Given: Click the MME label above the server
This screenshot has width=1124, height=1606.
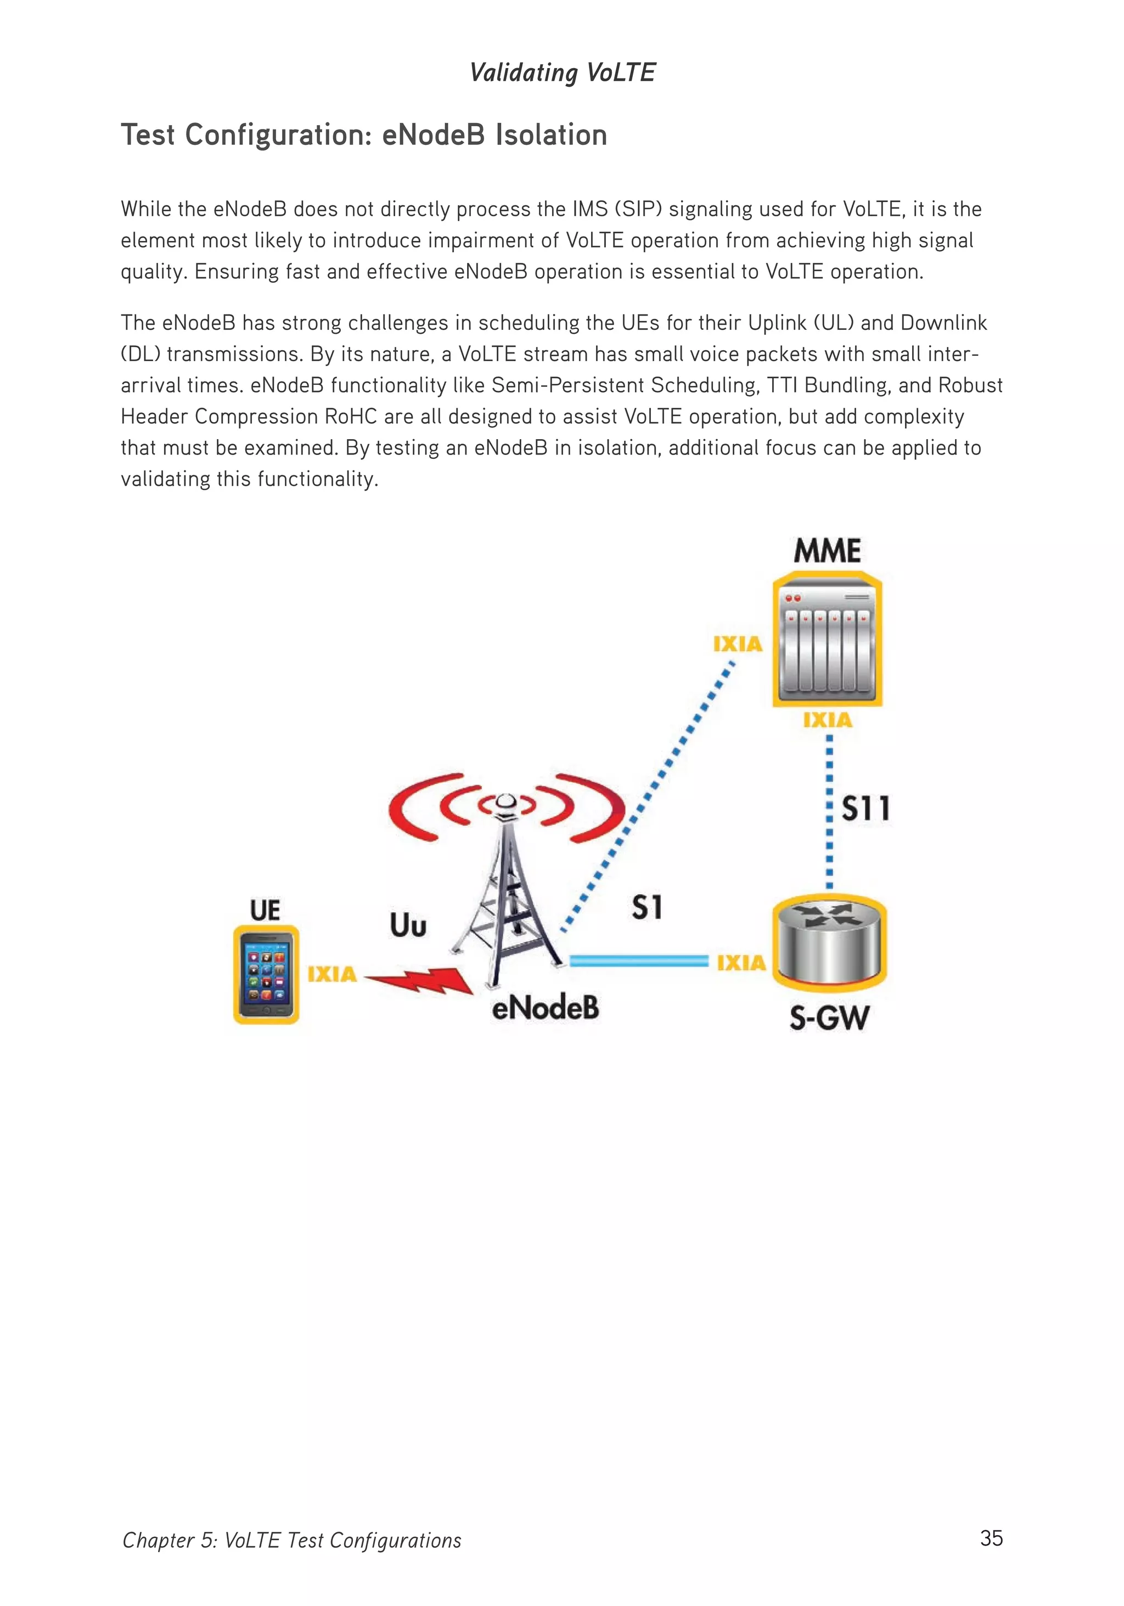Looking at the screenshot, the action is coord(827,551).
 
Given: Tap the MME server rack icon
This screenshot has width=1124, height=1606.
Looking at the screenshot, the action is coord(827,640).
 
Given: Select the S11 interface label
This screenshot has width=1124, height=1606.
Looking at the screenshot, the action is coord(865,808).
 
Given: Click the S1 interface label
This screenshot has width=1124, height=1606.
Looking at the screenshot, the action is coord(647,907).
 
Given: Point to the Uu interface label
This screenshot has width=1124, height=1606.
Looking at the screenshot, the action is coord(408,925).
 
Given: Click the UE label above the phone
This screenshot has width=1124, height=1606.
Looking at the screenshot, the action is coord(265,910).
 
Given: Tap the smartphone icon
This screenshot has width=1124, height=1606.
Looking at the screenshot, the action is coord(266,974).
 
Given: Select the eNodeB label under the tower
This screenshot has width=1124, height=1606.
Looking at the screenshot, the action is coord(545,1008).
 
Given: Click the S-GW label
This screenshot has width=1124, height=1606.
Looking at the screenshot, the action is coord(829,1018).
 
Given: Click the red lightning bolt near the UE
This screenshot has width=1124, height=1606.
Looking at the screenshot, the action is coord(420,980).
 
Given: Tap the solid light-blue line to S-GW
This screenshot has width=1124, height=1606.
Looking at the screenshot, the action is coord(638,961).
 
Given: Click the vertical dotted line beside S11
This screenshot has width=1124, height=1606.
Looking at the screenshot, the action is coord(829,811).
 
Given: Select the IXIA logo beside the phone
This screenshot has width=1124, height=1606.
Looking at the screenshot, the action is coord(331,974).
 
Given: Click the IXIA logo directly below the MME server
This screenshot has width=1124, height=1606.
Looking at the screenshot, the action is coord(828,720).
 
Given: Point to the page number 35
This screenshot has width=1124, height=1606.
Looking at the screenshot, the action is coord(991,1538).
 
